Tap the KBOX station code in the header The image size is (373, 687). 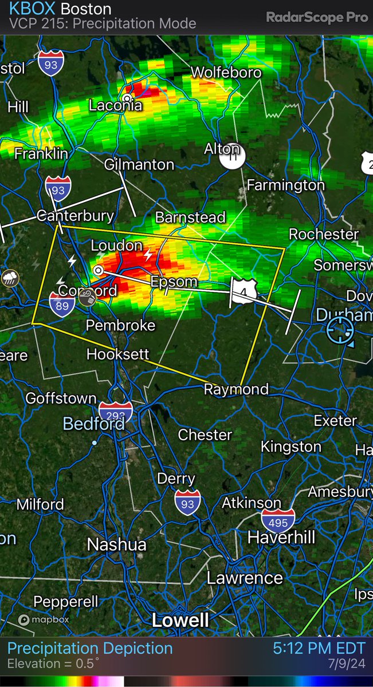[x=32, y=10]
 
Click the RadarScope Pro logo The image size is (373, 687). [x=316, y=17]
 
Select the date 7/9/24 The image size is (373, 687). [x=350, y=664]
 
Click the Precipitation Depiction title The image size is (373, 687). [x=90, y=649]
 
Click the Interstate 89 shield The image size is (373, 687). [x=60, y=302]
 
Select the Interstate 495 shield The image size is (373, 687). [x=278, y=520]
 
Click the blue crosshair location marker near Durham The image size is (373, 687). [x=340, y=331]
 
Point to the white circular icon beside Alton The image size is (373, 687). [x=233, y=156]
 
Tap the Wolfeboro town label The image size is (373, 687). [x=226, y=73]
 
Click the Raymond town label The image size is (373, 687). [x=237, y=389]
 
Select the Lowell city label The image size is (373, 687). [x=180, y=620]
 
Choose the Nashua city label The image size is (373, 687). [x=116, y=544]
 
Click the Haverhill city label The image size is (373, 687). [x=281, y=538]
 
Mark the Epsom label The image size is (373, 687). [x=174, y=282]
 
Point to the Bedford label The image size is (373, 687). [x=93, y=424]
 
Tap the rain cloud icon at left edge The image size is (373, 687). [x=10, y=279]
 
